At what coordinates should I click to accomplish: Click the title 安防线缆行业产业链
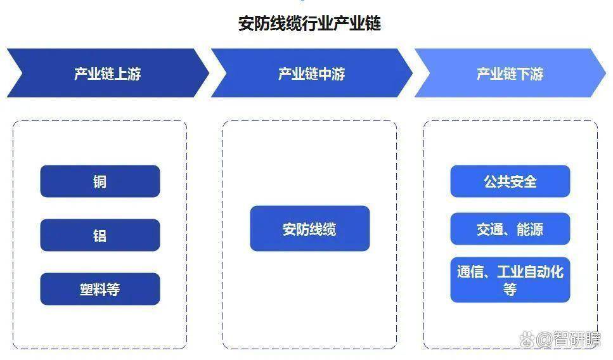(309, 23)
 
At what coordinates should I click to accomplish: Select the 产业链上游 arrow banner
(108, 73)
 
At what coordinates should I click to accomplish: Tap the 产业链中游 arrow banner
(312, 73)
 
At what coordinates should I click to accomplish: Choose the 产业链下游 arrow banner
(510, 73)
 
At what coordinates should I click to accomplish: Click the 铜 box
(100, 181)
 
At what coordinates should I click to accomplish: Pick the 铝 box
(100, 235)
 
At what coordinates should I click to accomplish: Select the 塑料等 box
(100, 289)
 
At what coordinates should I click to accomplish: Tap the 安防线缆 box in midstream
(309, 229)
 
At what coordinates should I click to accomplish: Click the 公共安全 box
(510, 181)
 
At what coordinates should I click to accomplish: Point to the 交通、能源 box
(510, 229)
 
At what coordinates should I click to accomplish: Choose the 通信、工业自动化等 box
(510, 280)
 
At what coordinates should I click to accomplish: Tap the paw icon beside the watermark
(527, 339)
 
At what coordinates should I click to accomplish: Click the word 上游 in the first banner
(127, 74)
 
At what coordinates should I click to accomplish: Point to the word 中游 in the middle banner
(332, 74)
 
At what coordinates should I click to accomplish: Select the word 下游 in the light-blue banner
(530, 74)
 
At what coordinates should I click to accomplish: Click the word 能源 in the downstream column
(530, 229)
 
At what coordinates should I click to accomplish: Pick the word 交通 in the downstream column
(490, 229)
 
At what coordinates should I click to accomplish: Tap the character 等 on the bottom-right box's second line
(510, 289)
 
